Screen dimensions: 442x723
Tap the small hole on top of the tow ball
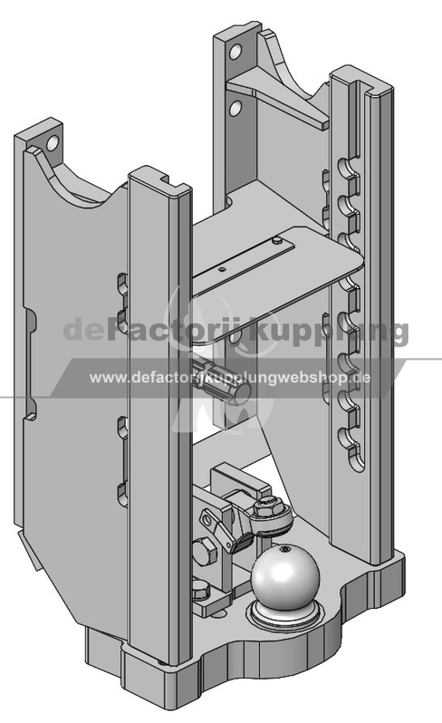pyautogui.click(x=286, y=549)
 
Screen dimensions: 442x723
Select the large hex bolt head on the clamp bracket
pyautogui.click(x=204, y=552)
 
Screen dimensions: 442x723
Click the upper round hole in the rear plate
pyautogui.click(x=235, y=51)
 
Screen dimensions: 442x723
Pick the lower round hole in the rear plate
pyautogui.click(x=235, y=108)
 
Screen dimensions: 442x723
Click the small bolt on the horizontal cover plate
pyautogui.click(x=277, y=240)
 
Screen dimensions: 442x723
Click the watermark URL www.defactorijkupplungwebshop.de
pyautogui.click(x=230, y=377)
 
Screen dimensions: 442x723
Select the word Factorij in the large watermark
pyautogui.click(x=175, y=328)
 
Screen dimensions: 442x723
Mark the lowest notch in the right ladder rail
pyautogui.click(x=350, y=439)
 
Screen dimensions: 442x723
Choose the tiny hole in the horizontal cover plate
pyautogui.click(x=224, y=270)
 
